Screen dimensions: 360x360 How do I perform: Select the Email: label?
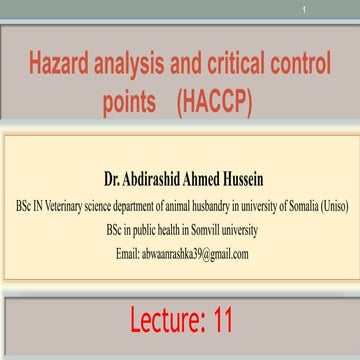pos(129,254)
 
